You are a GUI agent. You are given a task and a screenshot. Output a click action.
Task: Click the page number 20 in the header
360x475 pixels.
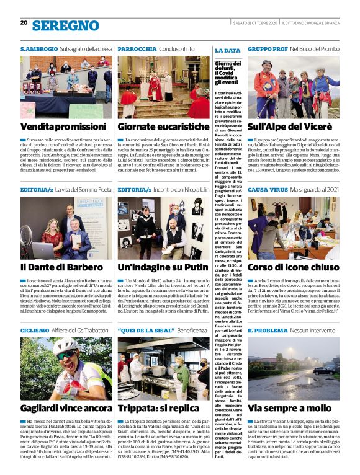pos(24,22)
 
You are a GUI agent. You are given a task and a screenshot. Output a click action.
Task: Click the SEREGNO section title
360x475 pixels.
pos(66,25)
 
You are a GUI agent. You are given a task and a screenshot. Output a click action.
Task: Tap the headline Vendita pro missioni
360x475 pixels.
pos(63,127)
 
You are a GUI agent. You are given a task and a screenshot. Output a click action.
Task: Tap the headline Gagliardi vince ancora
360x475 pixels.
pos(65,408)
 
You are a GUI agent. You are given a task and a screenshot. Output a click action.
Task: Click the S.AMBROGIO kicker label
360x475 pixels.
pos(39,48)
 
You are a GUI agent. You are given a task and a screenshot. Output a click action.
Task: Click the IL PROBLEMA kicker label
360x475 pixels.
pos(268,331)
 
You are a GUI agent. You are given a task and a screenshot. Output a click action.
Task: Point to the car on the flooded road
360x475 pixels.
pos(325,370)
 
